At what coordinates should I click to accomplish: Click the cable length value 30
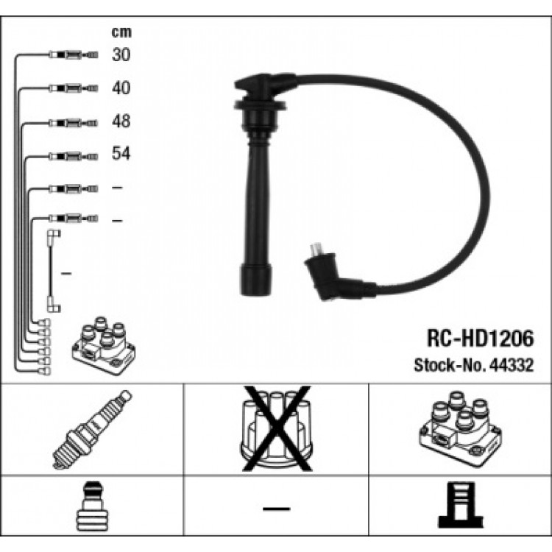pyautogui.click(x=121, y=54)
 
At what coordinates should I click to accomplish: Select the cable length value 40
pyautogui.click(x=121, y=88)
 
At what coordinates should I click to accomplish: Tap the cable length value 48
pyautogui.click(x=121, y=121)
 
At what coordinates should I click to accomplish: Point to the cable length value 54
pyautogui.click(x=121, y=153)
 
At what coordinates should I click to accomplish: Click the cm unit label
pyautogui.click(x=121, y=32)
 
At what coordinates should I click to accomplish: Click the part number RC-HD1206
pyautogui.click(x=480, y=339)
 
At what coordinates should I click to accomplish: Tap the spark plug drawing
pyautogui.click(x=92, y=430)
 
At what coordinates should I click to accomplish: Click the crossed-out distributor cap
pyautogui.click(x=277, y=428)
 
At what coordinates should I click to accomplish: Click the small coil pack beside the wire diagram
pyautogui.click(x=104, y=345)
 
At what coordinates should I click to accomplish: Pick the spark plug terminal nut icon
pyautogui.click(x=92, y=506)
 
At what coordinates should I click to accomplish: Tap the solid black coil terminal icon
pyautogui.click(x=461, y=504)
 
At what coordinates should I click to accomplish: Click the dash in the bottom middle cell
pyautogui.click(x=277, y=509)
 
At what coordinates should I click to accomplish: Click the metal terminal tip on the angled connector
pyautogui.click(x=315, y=250)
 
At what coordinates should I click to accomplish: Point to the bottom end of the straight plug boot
pyautogui.click(x=256, y=294)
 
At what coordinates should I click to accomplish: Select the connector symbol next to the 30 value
pyautogui.click(x=73, y=55)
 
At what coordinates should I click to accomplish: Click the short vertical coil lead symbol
pyautogui.click(x=54, y=271)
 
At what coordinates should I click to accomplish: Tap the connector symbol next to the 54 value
pyautogui.click(x=73, y=156)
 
